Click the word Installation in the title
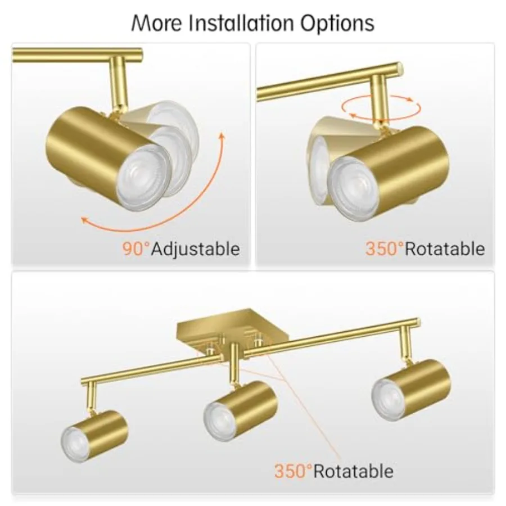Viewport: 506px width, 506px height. [x=241, y=23]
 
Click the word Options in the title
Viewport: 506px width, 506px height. [x=337, y=24]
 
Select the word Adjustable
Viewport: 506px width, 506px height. [x=196, y=250]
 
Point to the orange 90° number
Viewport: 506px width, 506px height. [x=136, y=249]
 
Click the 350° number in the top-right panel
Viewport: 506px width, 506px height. [x=385, y=249]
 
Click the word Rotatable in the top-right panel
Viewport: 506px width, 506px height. [x=445, y=249]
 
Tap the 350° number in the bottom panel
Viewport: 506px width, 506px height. [x=293, y=471]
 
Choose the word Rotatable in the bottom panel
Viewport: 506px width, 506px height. [x=354, y=471]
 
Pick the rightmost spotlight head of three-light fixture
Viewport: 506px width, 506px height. [x=411, y=390]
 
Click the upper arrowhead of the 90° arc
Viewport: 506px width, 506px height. [x=222, y=136]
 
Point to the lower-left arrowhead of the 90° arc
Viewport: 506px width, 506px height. [x=84, y=220]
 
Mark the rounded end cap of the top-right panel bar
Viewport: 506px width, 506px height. [x=400, y=67]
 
